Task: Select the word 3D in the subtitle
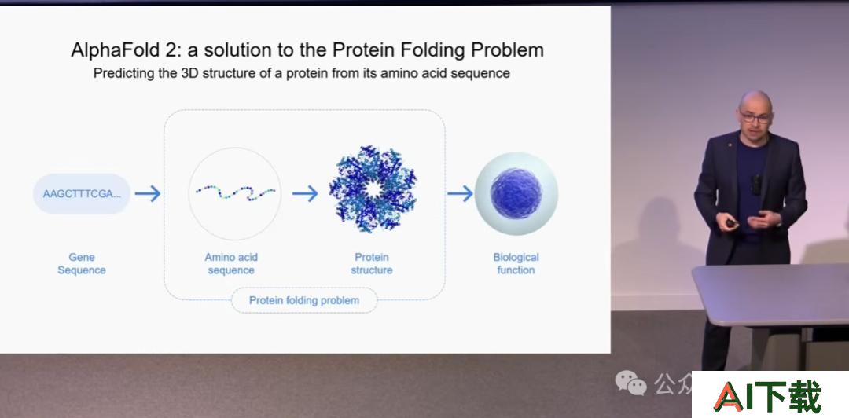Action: [187, 73]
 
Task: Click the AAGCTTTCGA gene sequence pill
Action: [82, 193]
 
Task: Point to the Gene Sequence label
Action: [82, 264]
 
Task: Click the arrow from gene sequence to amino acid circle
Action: [148, 193]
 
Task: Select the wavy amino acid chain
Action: [235, 192]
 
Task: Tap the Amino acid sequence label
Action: [231, 264]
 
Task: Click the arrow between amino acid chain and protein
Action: [305, 193]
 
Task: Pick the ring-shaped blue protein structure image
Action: [373, 189]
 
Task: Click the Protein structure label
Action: [371, 264]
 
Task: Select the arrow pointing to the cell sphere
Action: [460, 193]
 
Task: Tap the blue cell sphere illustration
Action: [516, 193]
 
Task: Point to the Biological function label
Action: [516, 264]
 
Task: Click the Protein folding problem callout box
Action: [304, 300]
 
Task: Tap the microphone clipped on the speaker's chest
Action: [756, 185]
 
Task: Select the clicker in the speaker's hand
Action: [730, 223]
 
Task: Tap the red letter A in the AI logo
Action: [729, 396]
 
